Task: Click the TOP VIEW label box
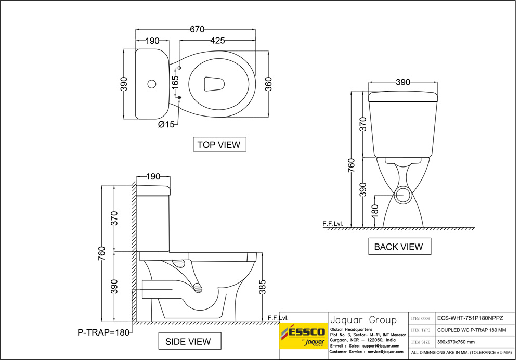coord(219,144)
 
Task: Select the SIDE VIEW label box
coord(188,341)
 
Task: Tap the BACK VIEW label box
coord(399,247)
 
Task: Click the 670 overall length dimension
coord(197,30)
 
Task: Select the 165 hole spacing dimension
coord(175,82)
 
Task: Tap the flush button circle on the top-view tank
coord(152,83)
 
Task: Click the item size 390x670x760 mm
coord(456,342)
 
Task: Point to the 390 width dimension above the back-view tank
coord(403,82)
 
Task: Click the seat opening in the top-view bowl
coord(214,84)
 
